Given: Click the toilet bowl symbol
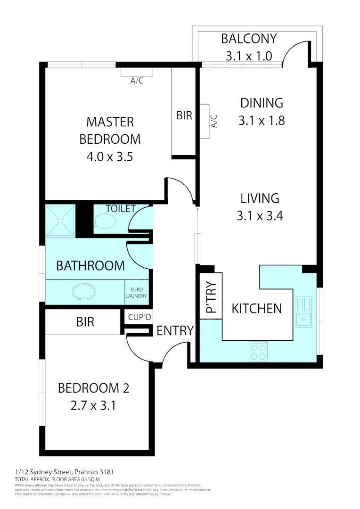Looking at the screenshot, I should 105,221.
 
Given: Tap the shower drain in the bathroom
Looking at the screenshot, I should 60,221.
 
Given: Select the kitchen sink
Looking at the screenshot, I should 303,314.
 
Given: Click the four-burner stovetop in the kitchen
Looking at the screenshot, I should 257,352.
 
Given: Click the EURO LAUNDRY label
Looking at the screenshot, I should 137,293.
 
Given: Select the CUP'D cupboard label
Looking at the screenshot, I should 140,318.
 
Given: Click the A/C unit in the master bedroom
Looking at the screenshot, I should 137,72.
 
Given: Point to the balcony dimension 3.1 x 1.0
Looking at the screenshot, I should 249,56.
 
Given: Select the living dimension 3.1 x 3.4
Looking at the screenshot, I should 260,216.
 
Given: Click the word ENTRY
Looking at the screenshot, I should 175,331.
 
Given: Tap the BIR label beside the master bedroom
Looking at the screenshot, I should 184,115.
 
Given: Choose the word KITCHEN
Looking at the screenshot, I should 257,308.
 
